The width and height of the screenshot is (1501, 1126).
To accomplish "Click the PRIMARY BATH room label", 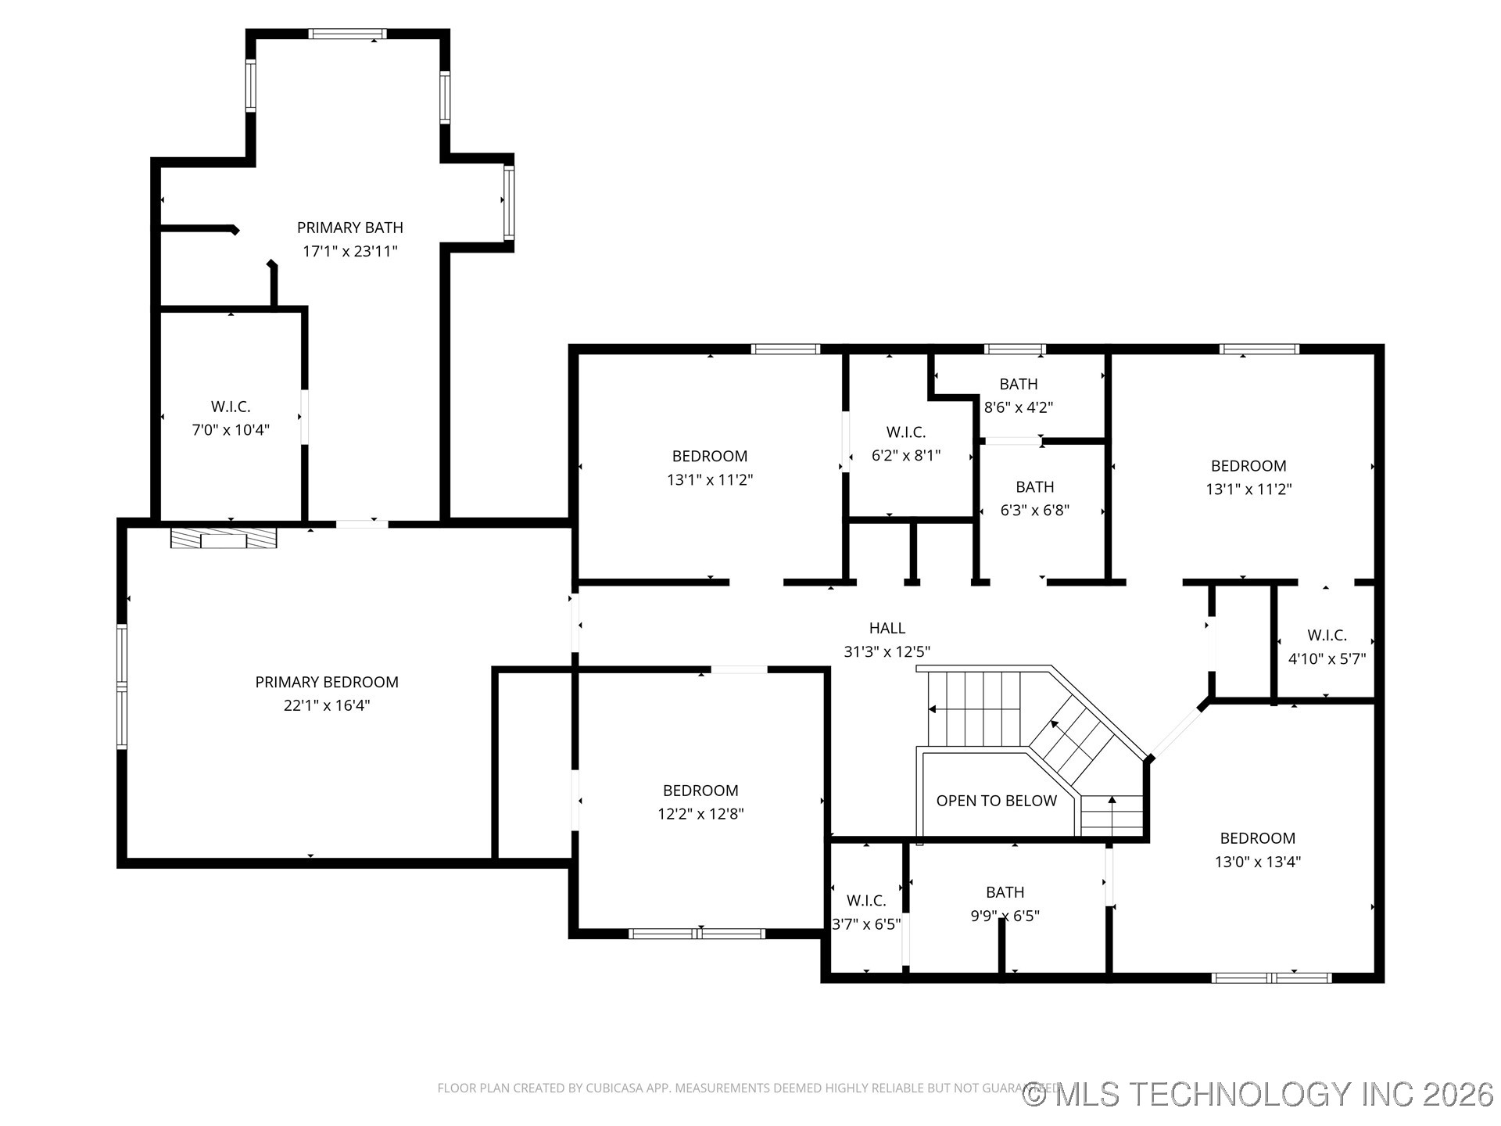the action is click(349, 228).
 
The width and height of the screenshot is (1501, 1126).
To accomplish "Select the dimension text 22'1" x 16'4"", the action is click(327, 705).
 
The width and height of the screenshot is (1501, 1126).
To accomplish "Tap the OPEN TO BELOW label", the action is click(996, 801).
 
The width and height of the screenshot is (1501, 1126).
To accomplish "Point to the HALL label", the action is click(887, 628).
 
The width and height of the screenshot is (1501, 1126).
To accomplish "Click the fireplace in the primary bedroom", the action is click(224, 538).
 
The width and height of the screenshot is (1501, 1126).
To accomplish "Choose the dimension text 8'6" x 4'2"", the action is click(1018, 407).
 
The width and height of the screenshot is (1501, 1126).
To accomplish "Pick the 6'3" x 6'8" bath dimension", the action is click(1034, 511).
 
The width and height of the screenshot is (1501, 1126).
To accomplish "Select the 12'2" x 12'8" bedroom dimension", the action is click(700, 814).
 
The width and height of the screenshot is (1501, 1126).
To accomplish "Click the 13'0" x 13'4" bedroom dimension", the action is click(1257, 862).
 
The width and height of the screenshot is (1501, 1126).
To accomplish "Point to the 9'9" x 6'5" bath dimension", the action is click(1005, 916).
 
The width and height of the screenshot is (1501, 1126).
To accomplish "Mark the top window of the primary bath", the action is click(347, 34).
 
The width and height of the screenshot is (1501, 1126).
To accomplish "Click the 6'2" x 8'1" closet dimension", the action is click(906, 455).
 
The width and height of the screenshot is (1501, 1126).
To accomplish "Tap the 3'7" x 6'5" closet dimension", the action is click(866, 924).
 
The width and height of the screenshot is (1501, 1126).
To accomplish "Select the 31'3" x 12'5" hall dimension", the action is click(887, 651).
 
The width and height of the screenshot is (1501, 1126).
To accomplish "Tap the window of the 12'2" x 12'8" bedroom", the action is click(697, 933).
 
